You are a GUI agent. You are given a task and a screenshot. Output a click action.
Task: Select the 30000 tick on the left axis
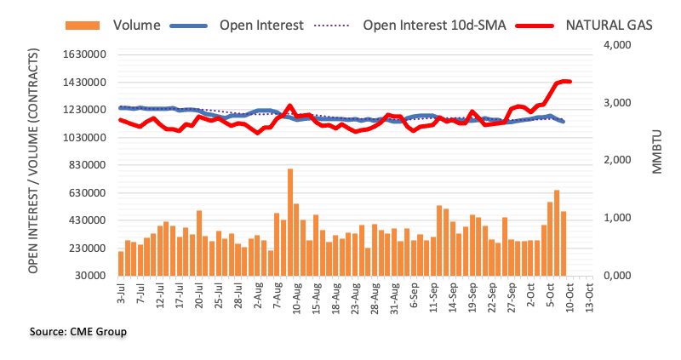click(x=89, y=276)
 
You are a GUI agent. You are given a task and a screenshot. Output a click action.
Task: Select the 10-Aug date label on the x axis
click(x=294, y=296)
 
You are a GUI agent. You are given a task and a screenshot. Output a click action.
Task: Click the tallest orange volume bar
click(x=289, y=222)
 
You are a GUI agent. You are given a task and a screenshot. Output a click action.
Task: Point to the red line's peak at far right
click(x=564, y=81)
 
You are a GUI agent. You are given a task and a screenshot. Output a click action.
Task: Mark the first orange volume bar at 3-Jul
click(x=121, y=263)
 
